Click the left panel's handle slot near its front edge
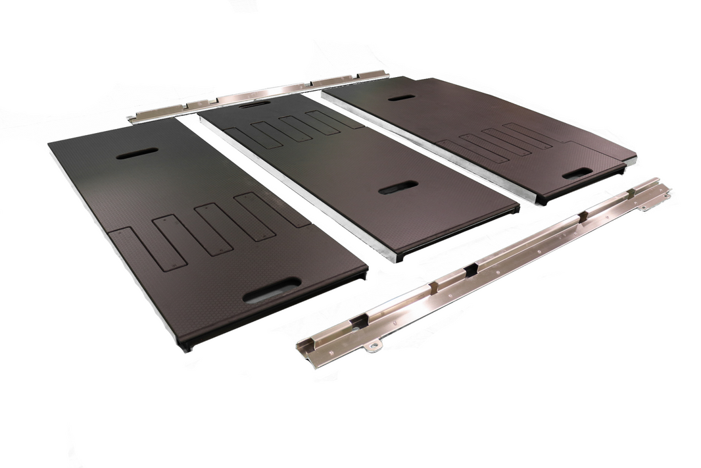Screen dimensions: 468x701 [272, 290]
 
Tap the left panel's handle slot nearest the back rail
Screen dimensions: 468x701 [136, 153]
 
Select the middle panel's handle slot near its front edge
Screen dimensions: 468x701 [399, 188]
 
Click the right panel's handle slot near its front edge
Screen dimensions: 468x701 [577, 172]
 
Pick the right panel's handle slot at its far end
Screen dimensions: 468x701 [401, 97]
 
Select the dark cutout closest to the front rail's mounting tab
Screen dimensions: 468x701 [359, 321]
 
